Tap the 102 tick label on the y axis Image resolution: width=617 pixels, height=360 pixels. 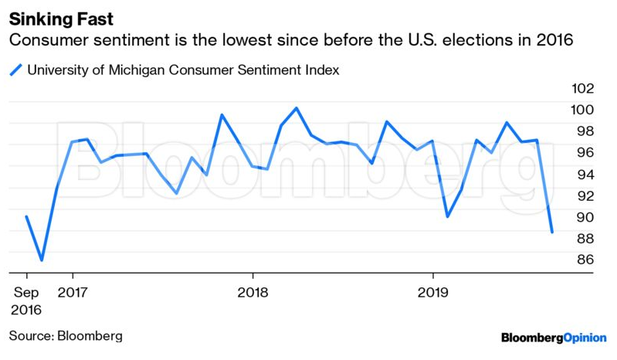[x=582, y=88]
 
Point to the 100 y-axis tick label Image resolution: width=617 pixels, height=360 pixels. [x=582, y=110]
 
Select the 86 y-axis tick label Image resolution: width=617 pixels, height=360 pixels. [x=585, y=260]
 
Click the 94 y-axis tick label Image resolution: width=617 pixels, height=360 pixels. [x=585, y=175]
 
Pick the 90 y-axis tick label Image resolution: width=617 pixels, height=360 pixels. [x=585, y=218]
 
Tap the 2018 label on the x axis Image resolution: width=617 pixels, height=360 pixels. [x=253, y=293]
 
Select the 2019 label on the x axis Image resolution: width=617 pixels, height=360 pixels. [x=432, y=293]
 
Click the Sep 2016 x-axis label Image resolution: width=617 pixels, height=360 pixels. [x=27, y=301]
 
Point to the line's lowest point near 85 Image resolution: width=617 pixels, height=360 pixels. [x=42, y=260]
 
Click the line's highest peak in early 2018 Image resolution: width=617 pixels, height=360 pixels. [x=297, y=108]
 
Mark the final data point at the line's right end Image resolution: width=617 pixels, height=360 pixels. [x=551, y=232]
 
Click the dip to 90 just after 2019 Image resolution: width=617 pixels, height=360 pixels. [x=447, y=216]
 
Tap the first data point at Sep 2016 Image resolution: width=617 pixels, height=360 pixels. [x=27, y=217]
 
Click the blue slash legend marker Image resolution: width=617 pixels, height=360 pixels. [x=15, y=70]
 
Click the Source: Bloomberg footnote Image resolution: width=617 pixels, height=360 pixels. [x=66, y=336]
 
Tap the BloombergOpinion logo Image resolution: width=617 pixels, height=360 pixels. [x=554, y=338]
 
